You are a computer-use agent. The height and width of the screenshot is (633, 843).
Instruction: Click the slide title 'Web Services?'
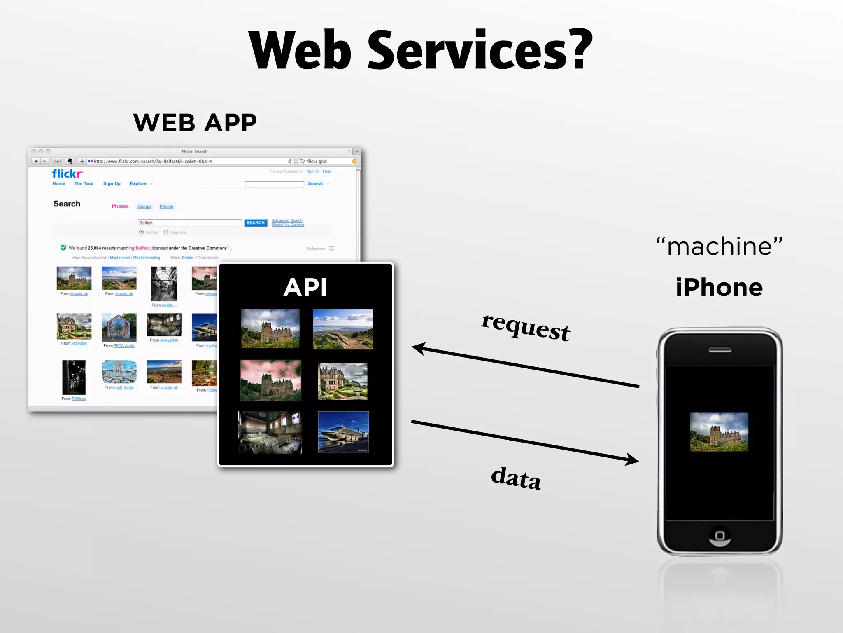(x=421, y=50)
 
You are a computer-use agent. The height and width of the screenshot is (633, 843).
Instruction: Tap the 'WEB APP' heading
(x=195, y=123)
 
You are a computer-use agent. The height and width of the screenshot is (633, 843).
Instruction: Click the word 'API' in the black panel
(x=305, y=287)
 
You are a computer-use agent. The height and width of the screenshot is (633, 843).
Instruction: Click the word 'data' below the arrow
(x=516, y=478)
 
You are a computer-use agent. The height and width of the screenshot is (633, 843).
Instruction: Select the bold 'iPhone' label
(x=719, y=287)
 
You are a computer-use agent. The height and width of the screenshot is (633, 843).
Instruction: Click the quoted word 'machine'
(x=719, y=246)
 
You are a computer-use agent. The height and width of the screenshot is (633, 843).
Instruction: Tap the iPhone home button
(x=720, y=536)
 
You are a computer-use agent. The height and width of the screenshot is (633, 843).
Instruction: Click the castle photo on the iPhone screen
(x=719, y=432)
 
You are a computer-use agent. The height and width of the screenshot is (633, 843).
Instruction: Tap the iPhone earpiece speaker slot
(x=720, y=350)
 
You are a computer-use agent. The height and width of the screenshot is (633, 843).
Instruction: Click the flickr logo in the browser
(x=67, y=173)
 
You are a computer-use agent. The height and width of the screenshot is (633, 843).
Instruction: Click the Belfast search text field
(x=190, y=223)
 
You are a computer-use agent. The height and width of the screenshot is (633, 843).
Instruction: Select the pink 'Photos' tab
(x=120, y=206)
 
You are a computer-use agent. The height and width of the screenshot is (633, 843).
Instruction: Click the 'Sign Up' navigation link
(x=112, y=184)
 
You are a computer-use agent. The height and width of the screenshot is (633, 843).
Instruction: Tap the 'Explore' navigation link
(x=138, y=184)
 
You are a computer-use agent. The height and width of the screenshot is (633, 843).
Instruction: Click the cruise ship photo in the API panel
(x=343, y=432)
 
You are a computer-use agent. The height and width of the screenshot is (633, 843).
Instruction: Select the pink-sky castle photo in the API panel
(x=270, y=380)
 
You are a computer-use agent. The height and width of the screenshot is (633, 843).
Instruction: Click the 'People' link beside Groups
(x=166, y=206)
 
